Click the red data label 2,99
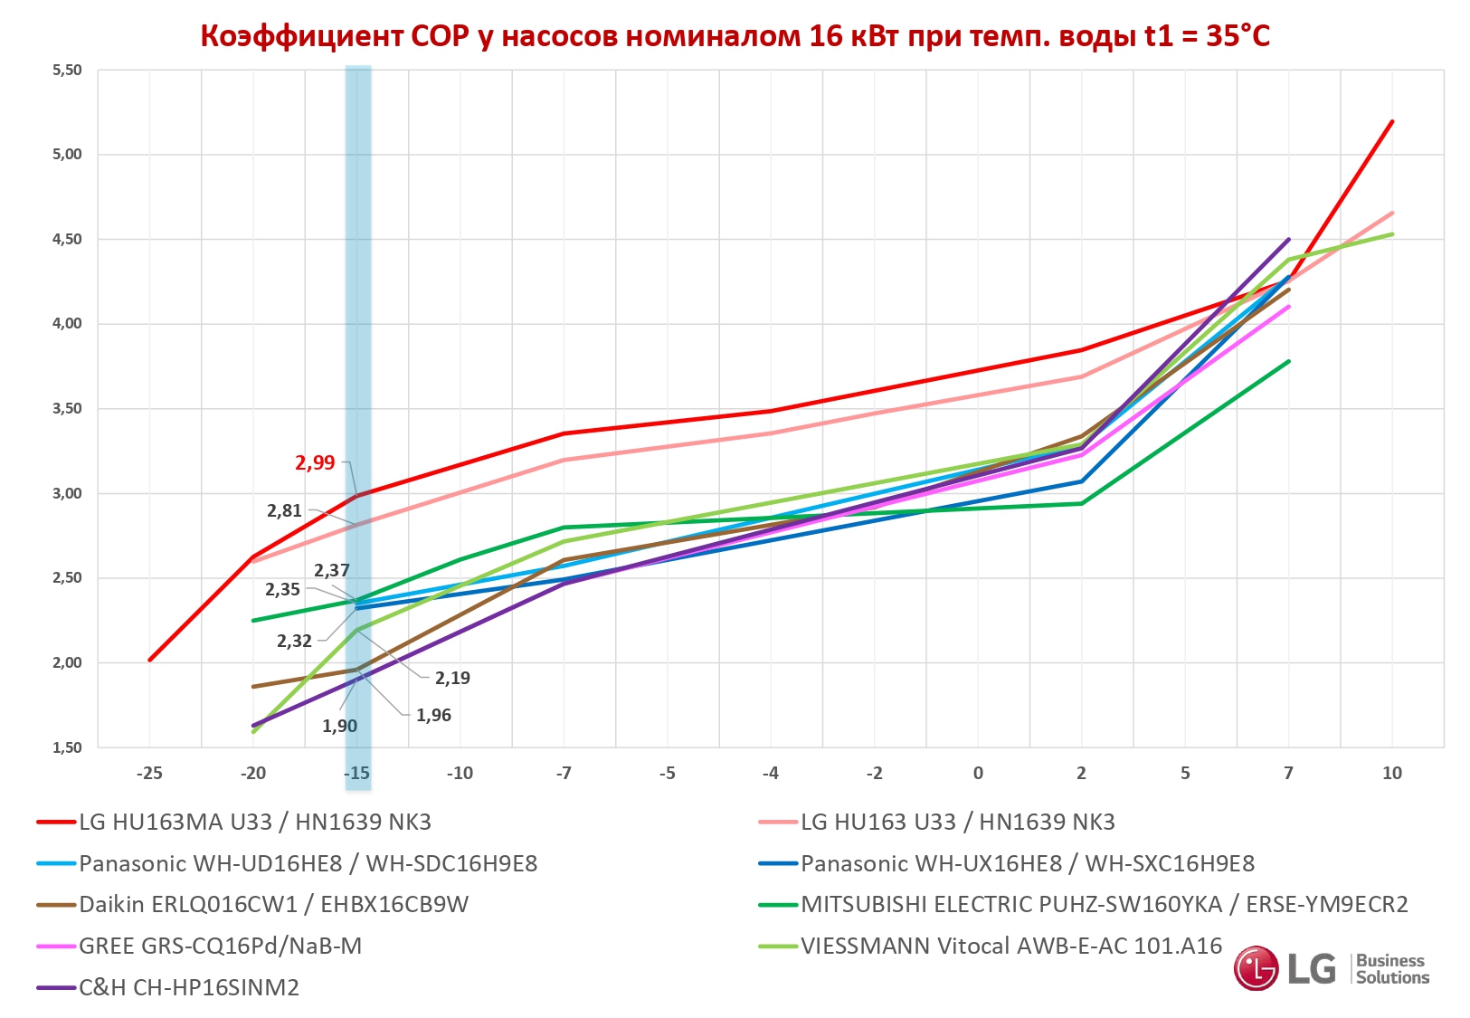click(x=315, y=462)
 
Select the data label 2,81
click(x=284, y=510)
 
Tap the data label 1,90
click(x=339, y=726)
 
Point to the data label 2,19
click(x=452, y=678)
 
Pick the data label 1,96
click(x=433, y=715)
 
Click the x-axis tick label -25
click(x=149, y=773)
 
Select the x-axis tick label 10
click(x=1392, y=773)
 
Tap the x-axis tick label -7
click(x=564, y=773)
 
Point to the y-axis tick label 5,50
click(x=67, y=70)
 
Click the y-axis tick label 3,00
click(x=67, y=493)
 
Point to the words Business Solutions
click(x=1392, y=969)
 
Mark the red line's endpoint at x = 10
click(x=1392, y=120)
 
